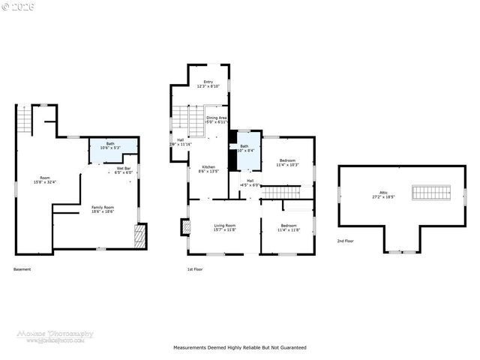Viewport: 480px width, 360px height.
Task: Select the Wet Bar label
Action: (x=123, y=170)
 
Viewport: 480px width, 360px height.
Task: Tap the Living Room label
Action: (x=225, y=227)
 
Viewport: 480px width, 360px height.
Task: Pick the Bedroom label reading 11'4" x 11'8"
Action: (x=289, y=227)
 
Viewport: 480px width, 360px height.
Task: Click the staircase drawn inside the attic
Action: (x=430, y=193)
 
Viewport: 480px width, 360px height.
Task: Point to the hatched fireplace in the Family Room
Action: (x=139, y=238)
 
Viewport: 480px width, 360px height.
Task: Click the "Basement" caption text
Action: (x=22, y=269)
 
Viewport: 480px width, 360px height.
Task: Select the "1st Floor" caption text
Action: (x=196, y=269)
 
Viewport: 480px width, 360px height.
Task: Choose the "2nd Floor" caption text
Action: (x=346, y=241)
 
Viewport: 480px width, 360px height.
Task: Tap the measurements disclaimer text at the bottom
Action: (x=240, y=348)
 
